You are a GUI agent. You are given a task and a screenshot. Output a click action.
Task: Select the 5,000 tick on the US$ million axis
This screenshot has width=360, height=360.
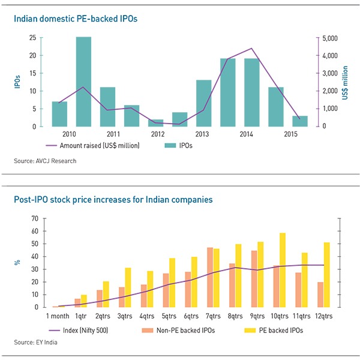(x=331, y=38)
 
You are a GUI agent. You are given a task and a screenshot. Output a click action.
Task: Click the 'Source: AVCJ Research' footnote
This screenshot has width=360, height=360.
(x=45, y=161)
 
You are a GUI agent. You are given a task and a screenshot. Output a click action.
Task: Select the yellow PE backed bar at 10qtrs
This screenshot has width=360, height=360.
(x=282, y=270)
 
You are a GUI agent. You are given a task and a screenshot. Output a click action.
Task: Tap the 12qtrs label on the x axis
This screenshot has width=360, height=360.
(x=324, y=315)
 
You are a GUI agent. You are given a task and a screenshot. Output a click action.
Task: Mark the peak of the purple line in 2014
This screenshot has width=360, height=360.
(x=251, y=49)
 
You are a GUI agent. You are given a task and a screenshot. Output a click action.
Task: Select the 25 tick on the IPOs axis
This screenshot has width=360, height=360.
(x=33, y=38)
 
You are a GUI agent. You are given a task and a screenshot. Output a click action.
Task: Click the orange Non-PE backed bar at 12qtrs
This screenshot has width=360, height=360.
(x=320, y=295)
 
